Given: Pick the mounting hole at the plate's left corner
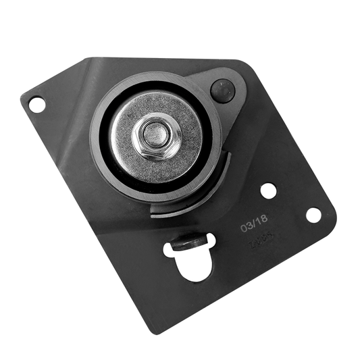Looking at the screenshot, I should pos(36,105).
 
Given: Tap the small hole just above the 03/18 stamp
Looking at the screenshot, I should pos(268,191).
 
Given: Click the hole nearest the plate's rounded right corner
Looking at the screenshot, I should pos(313,215).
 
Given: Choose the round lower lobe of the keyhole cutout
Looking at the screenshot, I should pos(196,265).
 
